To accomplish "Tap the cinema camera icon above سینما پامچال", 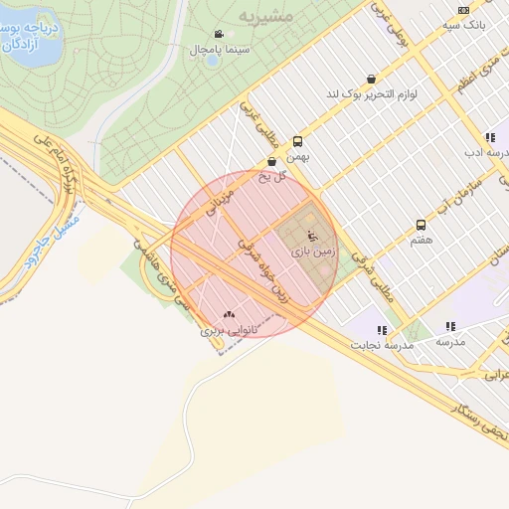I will tap(219, 34).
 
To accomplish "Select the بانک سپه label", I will tap(464, 23).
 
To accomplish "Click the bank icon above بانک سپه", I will tap(463, 9).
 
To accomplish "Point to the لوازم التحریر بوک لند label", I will tap(371, 94).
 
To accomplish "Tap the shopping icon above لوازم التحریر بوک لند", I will tap(371, 79).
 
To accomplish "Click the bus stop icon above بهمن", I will tap(297, 141).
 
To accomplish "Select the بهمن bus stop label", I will tap(296, 156).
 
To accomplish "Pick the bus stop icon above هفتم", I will tap(421, 226).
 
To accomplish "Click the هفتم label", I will tap(421, 241).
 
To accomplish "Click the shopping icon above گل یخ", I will tap(272, 162).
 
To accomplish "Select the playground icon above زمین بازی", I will tap(313, 237).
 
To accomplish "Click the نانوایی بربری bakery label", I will tap(230, 328).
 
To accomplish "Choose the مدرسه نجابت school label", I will tap(382, 344).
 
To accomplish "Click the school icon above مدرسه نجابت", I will tap(382, 329).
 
